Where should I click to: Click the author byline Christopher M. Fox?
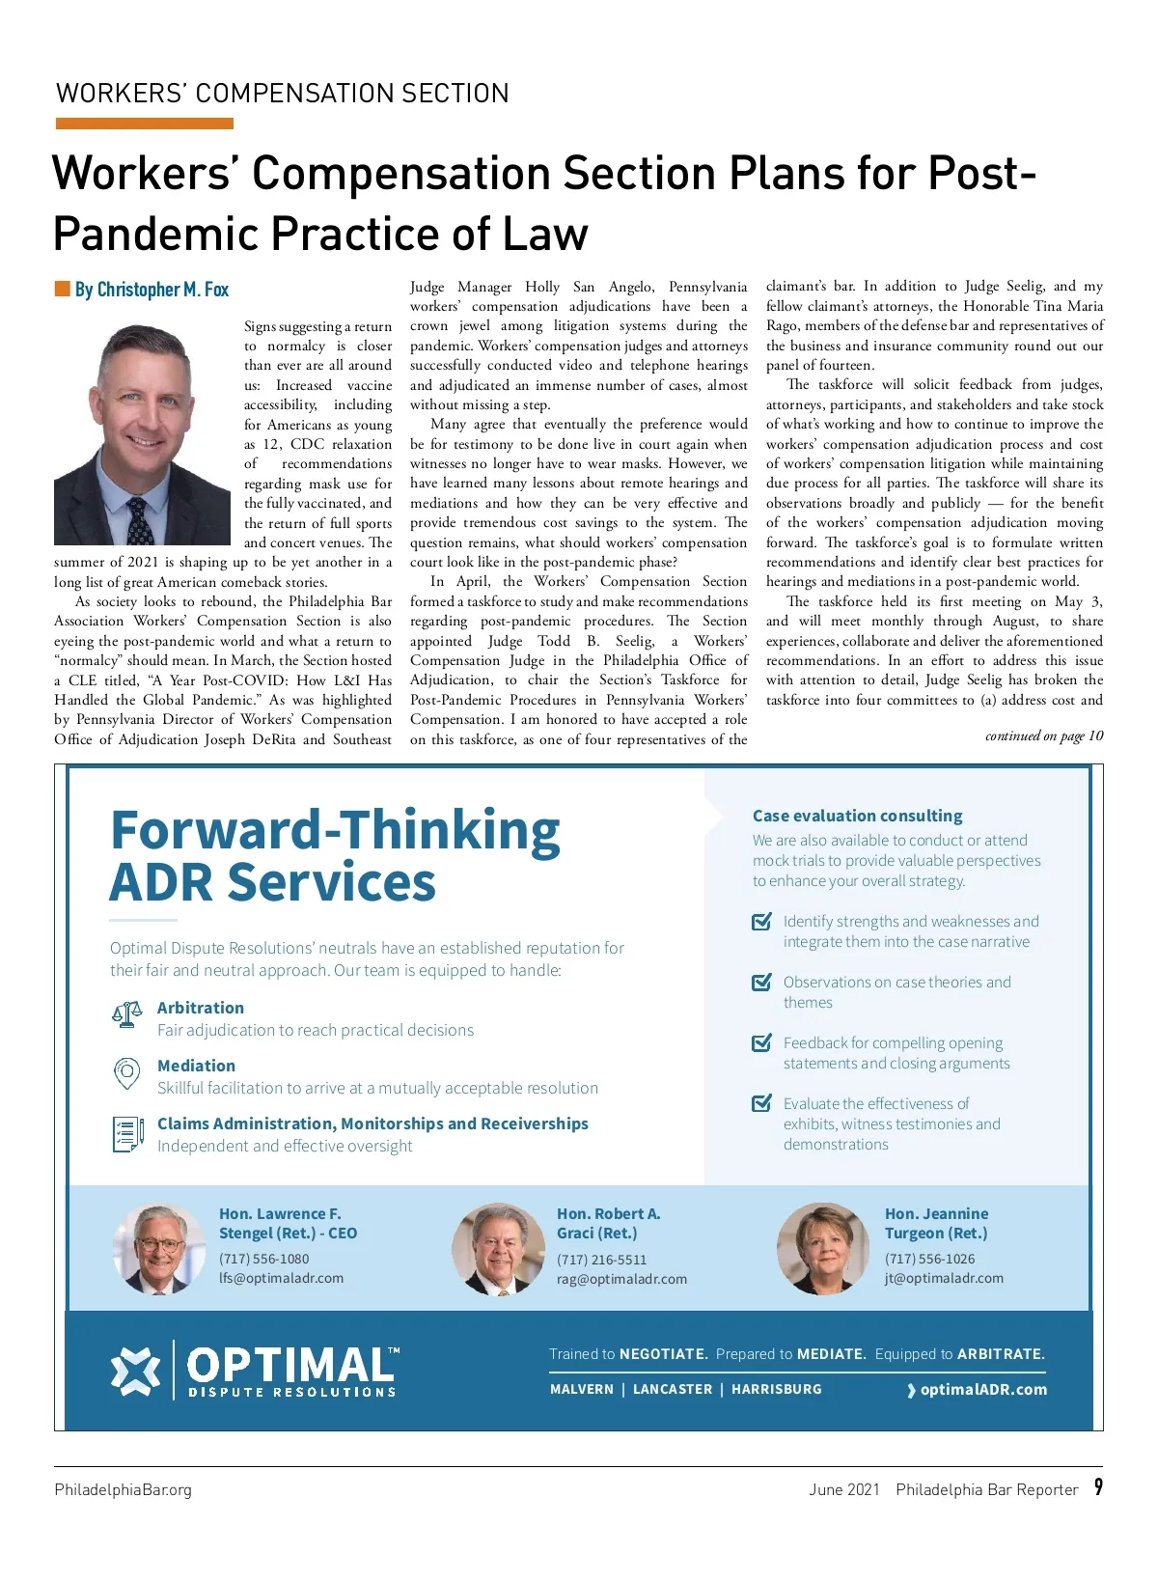[x=152, y=290]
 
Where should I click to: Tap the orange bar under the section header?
[x=145, y=124]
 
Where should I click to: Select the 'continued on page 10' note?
[x=1044, y=736]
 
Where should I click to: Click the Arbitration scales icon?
[x=127, y=1014]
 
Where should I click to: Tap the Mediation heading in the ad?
[x=196, y=1066]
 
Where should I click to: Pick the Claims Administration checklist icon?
[x=127, y=1134]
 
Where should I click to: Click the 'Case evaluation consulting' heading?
[x=857, y=816]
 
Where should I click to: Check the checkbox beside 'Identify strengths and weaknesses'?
[x=761, y=922]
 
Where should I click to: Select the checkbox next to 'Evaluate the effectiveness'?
[x=761, y=1103]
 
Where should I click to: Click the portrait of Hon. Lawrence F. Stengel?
[x=158, y=1249]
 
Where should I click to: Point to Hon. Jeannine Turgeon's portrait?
[x=823, y=1249]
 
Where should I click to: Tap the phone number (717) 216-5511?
[x=601, y=1260]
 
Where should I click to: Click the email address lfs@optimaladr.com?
[x=281, y=1278]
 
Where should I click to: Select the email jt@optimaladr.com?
[x=944, y=1278]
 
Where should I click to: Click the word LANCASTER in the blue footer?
[x=673, y=1389]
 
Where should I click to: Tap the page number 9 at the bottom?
[x=1098, y=1487]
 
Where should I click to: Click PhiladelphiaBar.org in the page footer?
[x=123, y=1489]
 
